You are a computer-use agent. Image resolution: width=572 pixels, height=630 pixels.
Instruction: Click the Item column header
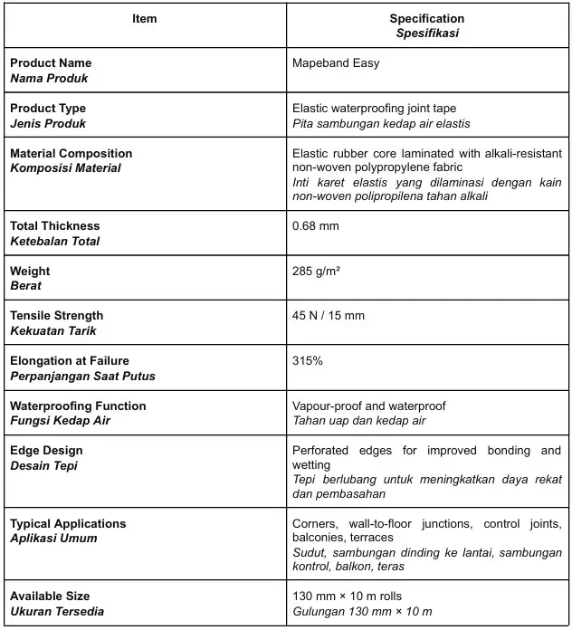[144, 19]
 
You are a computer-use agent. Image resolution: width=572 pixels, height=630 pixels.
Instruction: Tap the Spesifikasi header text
[427, 33]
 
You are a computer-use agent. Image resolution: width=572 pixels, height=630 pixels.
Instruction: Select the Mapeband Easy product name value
[336, 63]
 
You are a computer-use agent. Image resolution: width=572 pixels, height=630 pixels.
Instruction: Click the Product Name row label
[50, 63]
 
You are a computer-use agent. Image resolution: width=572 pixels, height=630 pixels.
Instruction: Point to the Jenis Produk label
[48, 123]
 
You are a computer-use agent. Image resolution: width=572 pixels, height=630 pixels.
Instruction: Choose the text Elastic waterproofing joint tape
[374, 108]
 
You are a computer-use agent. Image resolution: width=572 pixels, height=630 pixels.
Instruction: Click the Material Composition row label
[71, 153]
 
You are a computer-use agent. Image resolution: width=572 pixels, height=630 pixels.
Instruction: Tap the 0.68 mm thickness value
[316, 225]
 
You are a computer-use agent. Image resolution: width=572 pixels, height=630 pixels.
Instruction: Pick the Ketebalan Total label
[54, 241]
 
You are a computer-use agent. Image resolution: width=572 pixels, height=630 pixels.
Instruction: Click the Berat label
[25, 286]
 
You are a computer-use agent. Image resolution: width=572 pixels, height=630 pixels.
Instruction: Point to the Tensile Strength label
[56, 315]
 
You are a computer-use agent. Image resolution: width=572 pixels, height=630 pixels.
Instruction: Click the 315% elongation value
[308, 360]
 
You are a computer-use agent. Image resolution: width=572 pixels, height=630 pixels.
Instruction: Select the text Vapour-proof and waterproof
[368, 406]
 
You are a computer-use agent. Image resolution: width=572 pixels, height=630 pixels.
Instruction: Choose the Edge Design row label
[46, 450]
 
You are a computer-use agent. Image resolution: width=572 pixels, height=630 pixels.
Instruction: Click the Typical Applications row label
[68, 523]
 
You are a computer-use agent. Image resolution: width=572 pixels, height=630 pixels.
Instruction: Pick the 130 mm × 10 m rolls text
[347, 596]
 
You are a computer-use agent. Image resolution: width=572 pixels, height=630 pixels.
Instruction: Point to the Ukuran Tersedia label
[57, 611]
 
